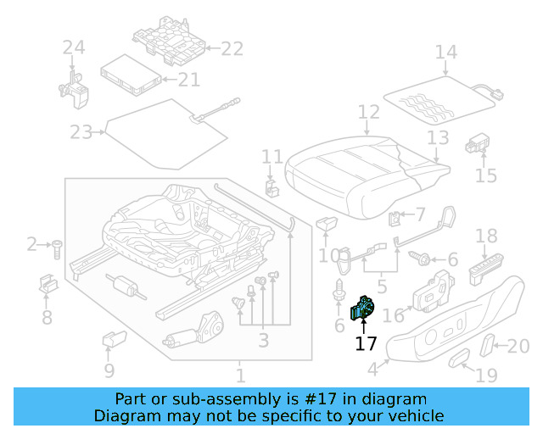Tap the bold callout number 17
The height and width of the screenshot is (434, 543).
(x=366, y=343)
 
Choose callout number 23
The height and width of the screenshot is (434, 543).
(x=81, y=132)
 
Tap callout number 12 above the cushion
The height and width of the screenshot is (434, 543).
(x=368, y=112)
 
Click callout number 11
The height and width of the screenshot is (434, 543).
(x=271, y=157)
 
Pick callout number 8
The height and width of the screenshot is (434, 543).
(x=47, y=317)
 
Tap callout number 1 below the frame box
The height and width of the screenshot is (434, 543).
(x=241, y=374)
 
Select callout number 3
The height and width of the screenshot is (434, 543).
(x=264, y=340)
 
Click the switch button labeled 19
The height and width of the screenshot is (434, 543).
(x=459, y=359)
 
